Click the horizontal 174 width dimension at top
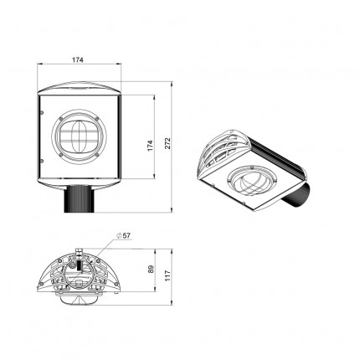click(x=78, y=59)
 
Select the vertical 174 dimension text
click(x=151, y=146)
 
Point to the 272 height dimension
click(x=167, y=143)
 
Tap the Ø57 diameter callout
click(x=123, y=235)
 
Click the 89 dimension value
click(x=151, y=269)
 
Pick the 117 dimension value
click(x=167, y=275)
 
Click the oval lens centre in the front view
click(x=80, y=136)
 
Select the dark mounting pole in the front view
click(x=79, y=198)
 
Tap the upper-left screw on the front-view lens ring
click(x=61, y=119)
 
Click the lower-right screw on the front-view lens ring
click(x=97, y=154)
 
